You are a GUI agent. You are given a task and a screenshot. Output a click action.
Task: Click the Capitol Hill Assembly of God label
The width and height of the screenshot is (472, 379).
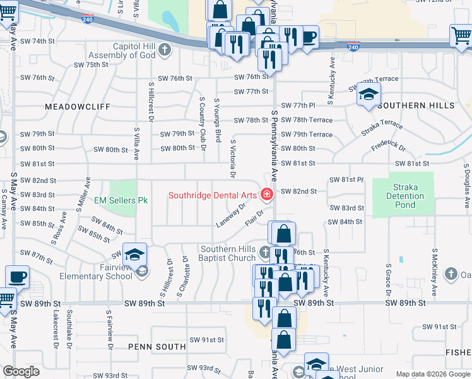[134, 51]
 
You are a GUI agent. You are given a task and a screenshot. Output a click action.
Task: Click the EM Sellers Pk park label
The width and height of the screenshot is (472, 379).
[121, 200]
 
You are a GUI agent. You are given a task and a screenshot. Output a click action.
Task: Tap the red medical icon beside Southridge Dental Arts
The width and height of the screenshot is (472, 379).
[267, 194]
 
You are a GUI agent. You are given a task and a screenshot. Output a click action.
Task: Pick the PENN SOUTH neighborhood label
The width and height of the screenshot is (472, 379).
[156, 347]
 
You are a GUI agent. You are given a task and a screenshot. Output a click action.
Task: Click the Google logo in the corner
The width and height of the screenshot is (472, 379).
[21, 371]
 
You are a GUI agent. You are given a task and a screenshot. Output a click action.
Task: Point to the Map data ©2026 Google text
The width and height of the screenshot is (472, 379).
[433, 374]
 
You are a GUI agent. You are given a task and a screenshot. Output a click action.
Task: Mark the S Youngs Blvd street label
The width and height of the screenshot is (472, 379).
[217, 119]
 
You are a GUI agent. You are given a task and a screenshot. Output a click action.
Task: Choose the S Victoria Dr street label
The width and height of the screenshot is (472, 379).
[233, 158]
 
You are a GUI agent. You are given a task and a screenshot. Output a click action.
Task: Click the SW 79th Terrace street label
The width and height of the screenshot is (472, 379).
[307, 135]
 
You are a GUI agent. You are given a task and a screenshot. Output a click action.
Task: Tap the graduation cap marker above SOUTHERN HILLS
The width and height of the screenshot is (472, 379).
[369, 96]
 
